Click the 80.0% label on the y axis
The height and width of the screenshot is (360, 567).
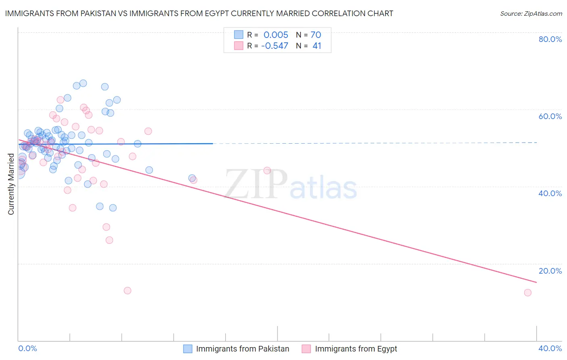click(x=550, y=39)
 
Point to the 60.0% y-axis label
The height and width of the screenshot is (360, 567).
click(x=550, y=116)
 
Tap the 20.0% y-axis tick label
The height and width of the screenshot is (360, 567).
click(x=550, y=271)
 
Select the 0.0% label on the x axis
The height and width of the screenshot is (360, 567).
click(x=27, y=348)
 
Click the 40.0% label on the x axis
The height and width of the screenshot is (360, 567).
click(x=550, y=348)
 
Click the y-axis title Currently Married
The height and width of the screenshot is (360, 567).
click(x=11, y=184)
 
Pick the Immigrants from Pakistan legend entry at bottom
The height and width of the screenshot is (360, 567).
click(x=242, y=349)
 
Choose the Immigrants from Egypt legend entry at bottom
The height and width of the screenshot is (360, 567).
click(x=356, y=349)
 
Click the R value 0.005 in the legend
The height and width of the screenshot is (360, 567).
click(x=276, y=35)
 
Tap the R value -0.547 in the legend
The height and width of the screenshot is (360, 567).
click(x=275, y=46)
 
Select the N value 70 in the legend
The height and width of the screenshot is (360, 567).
click(x=316, y=35)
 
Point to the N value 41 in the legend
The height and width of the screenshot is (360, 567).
click(x=317, y=46)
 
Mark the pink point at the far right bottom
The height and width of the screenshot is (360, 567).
click(x=527, y=293)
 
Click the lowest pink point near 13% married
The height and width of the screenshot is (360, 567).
click(x=127, y=291)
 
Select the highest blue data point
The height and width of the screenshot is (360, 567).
click(x=83, y=83)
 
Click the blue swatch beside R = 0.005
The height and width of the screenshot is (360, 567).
click(x=239, y=35)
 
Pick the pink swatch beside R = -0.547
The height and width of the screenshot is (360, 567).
click(x=239, y=46)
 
